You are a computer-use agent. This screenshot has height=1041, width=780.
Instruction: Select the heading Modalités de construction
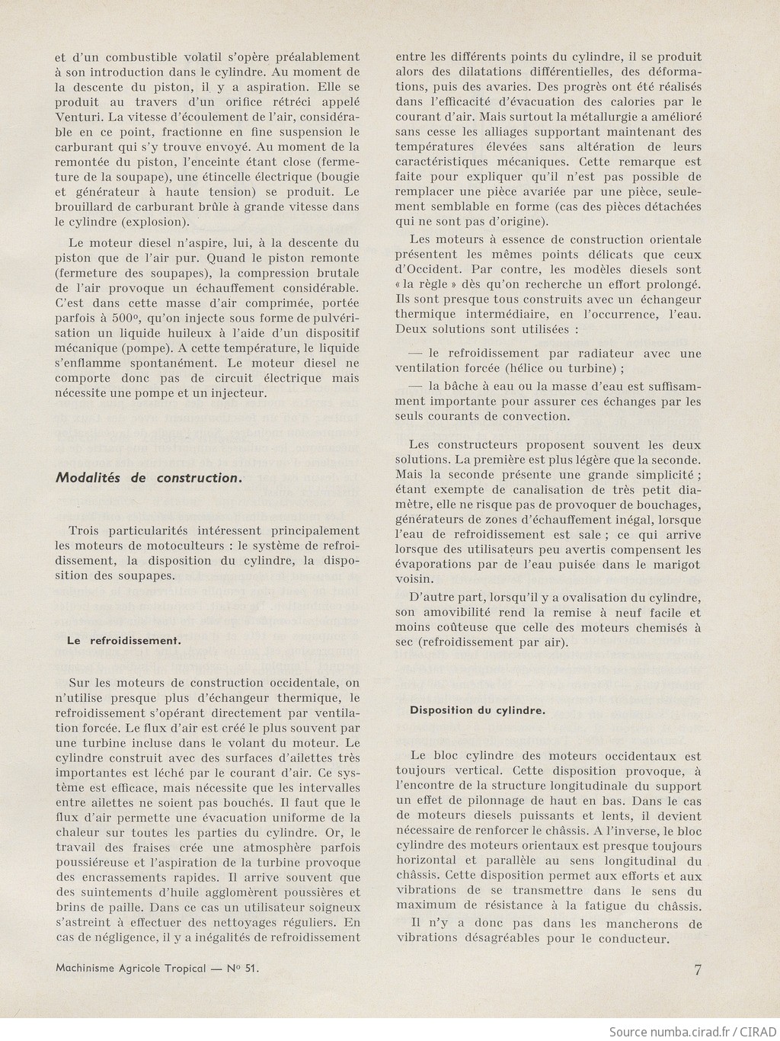tap(149, 478)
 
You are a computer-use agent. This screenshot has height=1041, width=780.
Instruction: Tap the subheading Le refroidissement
tap(123, 641)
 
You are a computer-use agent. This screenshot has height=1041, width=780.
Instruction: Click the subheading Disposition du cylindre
tap(478, 710)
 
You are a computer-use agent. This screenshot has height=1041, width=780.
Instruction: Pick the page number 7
tap(698, 970)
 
